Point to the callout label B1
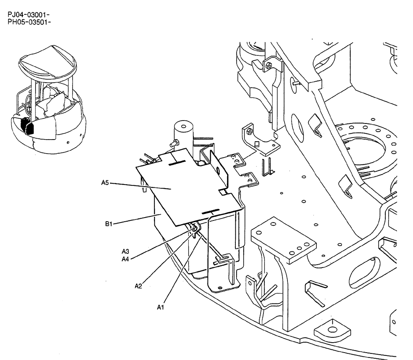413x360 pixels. coord(109,224)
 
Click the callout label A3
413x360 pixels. coord(126,251)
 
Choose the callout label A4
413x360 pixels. coord(126,259)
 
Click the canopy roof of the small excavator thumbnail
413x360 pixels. coord(48,62)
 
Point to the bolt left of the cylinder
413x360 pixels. coord(173,143)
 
